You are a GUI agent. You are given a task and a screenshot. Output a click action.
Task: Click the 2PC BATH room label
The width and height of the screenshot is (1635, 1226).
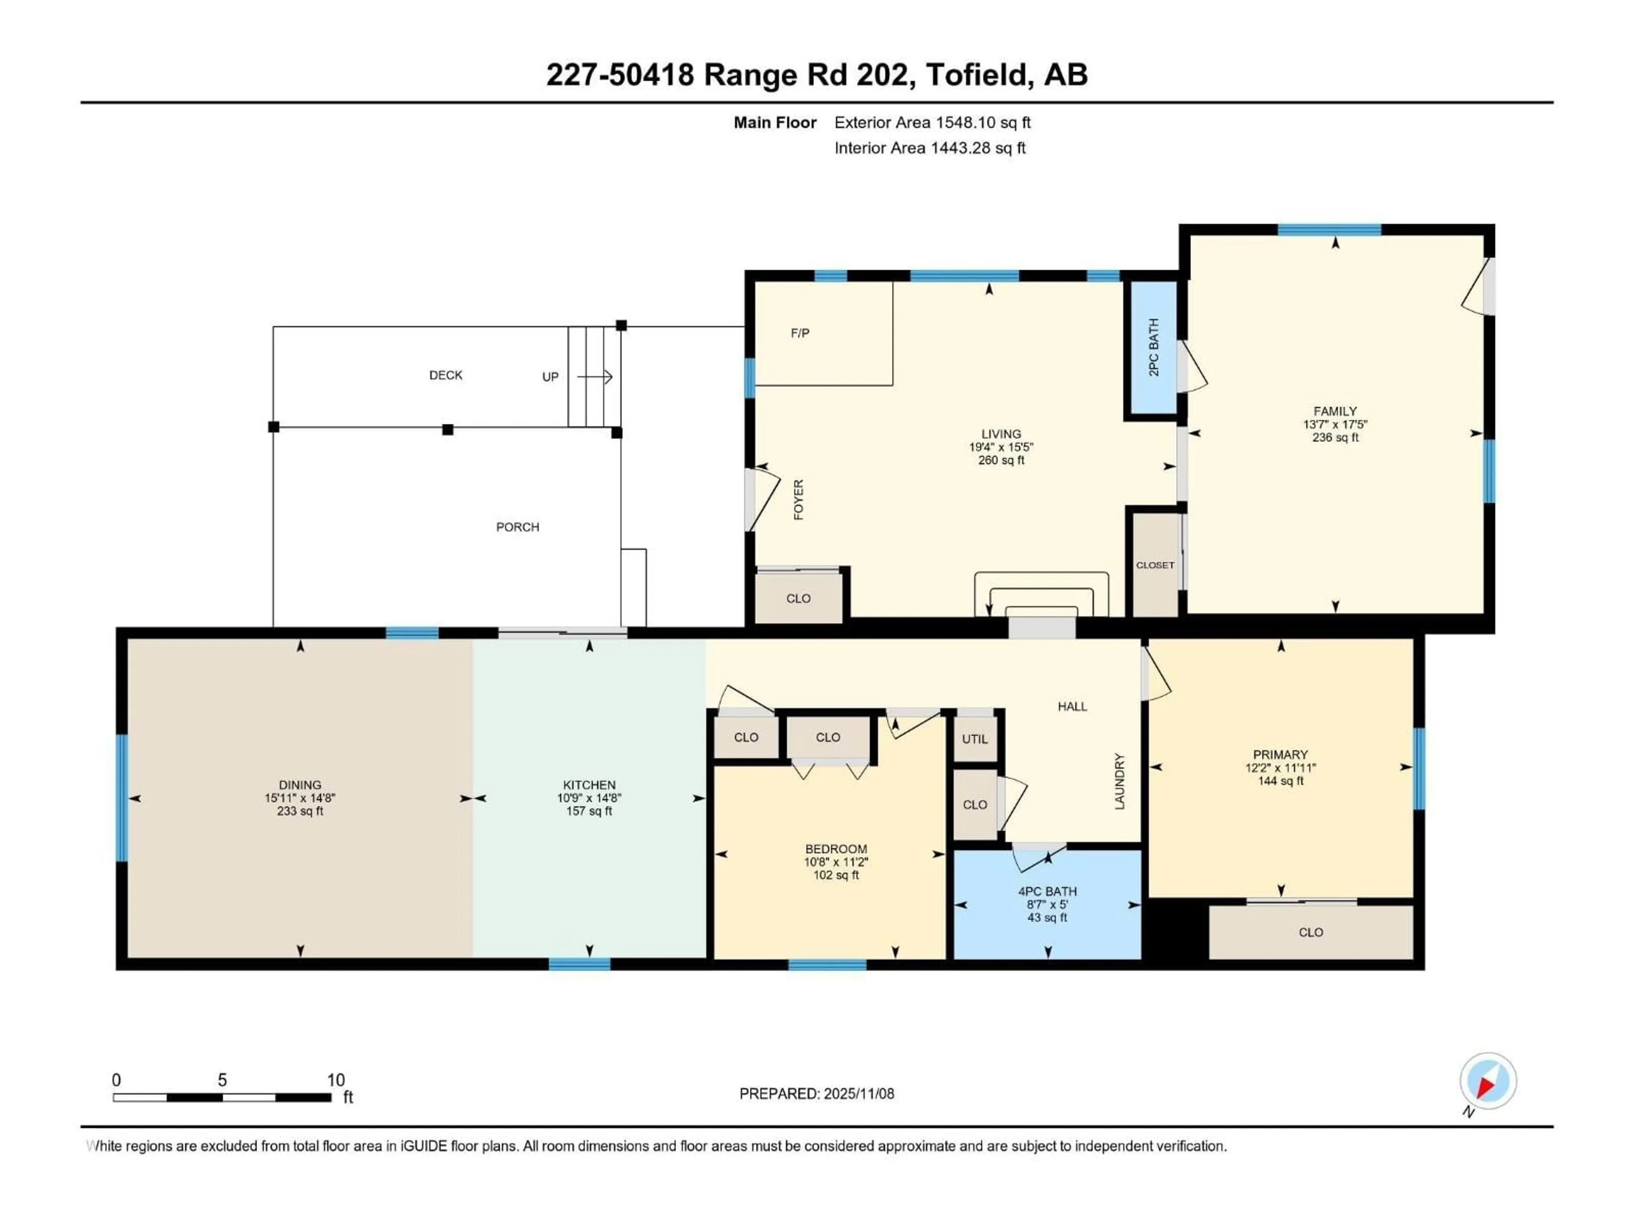point(1154,347)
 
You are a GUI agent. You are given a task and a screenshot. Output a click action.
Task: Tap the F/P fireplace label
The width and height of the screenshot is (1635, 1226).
point(800,333)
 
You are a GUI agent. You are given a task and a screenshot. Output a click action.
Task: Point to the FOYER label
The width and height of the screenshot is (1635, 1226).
point(798,500)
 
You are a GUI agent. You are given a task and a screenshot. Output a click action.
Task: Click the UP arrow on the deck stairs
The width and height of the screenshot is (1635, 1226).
point(595,377)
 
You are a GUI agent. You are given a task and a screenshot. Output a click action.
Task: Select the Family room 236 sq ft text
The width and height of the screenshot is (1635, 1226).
point(1335,438)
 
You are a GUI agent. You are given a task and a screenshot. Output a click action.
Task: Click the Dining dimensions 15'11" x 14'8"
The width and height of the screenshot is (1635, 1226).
point(300,798)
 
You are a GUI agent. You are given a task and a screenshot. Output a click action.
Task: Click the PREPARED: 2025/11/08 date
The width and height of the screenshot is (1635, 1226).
point(817,1094)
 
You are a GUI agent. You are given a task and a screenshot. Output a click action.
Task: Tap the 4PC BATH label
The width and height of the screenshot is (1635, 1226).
point(1047,891)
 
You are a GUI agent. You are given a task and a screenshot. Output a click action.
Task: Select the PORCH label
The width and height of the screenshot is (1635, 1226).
point(517,527)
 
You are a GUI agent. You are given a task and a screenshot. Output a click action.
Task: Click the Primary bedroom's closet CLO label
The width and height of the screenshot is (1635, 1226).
point(1311,933)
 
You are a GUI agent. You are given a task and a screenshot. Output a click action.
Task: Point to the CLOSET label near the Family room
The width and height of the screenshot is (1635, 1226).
point(1155,565)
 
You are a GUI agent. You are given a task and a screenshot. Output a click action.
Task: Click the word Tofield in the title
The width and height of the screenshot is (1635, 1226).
point(976,74)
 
